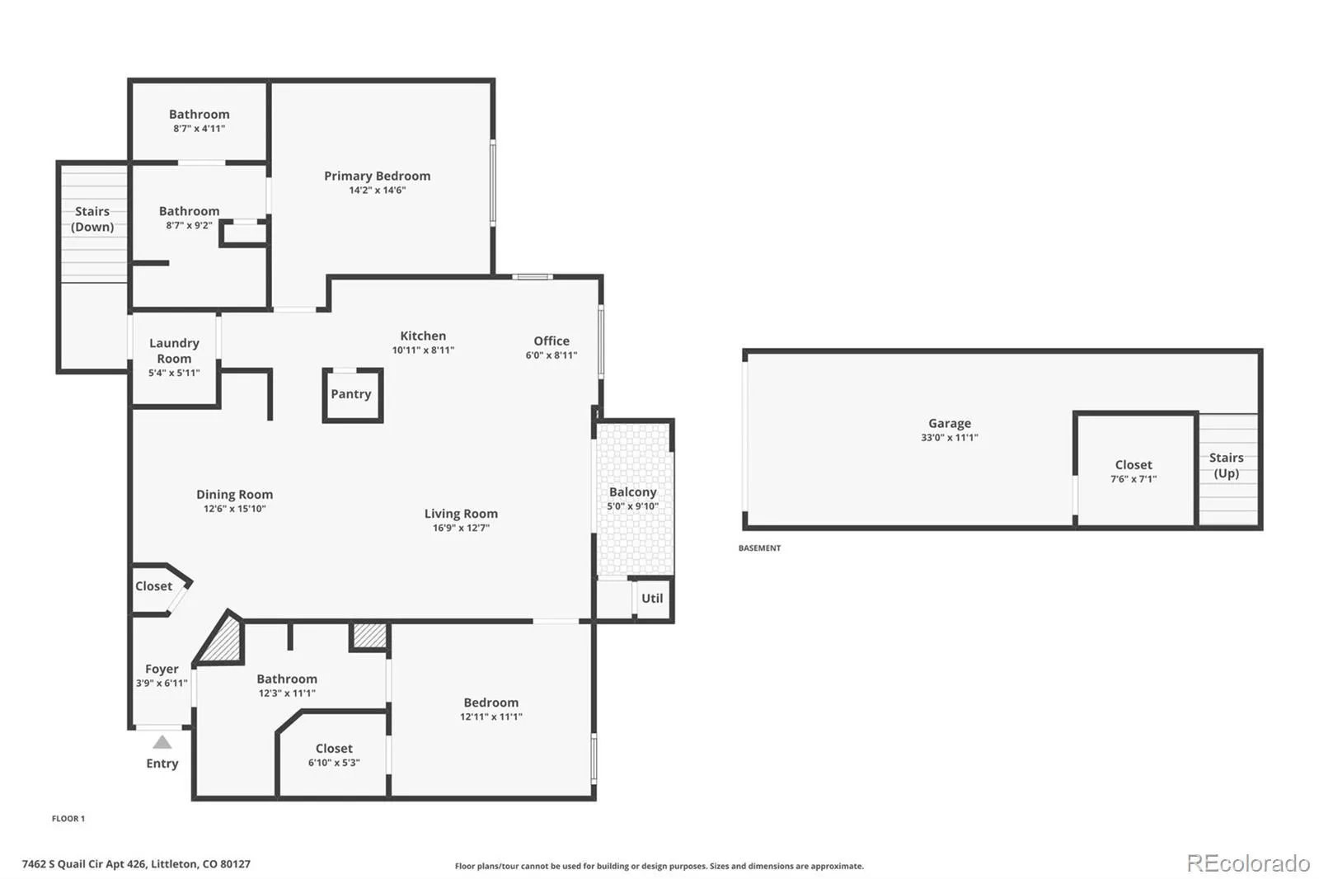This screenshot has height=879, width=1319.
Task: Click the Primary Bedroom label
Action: (377, 176)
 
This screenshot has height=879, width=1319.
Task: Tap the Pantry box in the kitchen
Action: (351, 395)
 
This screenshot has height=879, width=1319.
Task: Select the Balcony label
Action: (632, 492)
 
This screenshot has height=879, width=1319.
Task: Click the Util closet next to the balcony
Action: (652, 599)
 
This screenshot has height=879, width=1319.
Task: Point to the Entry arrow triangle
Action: (162, 742)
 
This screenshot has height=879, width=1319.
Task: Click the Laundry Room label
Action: (174, 350)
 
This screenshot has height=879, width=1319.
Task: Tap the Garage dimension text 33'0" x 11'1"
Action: (950, 438)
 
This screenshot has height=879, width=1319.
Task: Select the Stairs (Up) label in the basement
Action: (1226, 465)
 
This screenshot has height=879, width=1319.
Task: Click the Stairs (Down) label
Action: (92, 219)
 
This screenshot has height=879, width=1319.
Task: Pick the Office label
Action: (552, 341)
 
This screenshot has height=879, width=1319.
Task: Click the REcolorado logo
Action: (1248, 863)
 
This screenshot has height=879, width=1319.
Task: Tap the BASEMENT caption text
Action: (759, 548)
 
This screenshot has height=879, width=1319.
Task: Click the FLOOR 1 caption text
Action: (68, 819)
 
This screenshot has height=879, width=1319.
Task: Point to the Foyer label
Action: (162, 669)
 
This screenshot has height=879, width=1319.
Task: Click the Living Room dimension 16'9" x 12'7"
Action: (461, 528)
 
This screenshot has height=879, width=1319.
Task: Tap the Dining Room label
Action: (234, 495)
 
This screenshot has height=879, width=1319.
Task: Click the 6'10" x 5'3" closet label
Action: (334, 763)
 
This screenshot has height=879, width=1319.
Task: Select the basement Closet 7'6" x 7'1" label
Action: (1134, 465)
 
